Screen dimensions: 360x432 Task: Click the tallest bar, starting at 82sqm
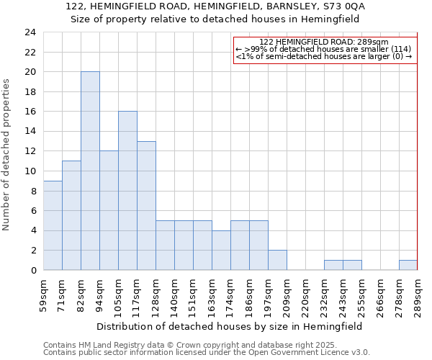(x=90, y=171)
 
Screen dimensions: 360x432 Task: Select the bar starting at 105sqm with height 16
(x=127, y=191)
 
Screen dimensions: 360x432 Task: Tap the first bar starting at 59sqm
(x=53, y=225)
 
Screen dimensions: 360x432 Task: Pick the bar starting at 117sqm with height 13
(x=146, y=205)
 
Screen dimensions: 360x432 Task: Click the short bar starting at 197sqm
(x=277, y=260)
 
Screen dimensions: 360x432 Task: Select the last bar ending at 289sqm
(x=408, y=265)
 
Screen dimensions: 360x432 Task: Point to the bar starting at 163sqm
(x=221, y=250)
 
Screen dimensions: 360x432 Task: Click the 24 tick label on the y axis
(x=30, y=32)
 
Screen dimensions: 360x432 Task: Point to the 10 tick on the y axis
(x=30, y=171)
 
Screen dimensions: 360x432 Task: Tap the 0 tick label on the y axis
(x=32, y=270)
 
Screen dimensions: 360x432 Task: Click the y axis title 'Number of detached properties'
(x=7, y=155)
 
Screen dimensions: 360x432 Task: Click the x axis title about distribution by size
(x=229, y=326)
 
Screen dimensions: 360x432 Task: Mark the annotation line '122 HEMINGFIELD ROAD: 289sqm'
(x=324, y=42)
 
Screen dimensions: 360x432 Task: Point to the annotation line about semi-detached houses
(x=324, y=56)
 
